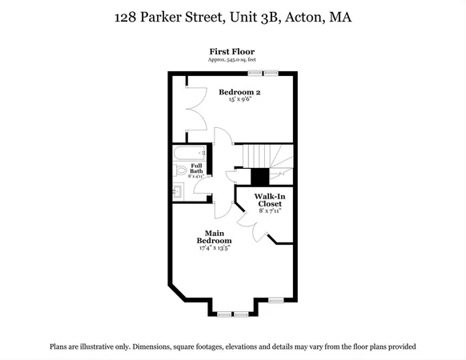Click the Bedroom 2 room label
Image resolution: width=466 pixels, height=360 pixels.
pos(239,92)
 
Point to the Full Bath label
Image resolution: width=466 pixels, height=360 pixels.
pos(195,168)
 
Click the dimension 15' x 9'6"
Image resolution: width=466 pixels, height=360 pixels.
pos(239,101)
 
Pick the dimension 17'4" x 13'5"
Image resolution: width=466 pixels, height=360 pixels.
pos(215,248)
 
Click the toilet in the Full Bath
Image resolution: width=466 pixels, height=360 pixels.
pos(180,170)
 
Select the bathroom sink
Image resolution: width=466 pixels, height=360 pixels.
pos(178,190)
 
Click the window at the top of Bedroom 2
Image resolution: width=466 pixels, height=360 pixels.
pos(268,74)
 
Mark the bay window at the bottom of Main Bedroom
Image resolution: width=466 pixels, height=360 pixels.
pos(233,314)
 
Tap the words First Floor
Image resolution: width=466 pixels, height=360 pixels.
pos(232,51)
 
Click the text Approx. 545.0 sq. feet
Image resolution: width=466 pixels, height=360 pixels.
pos(232,60)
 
